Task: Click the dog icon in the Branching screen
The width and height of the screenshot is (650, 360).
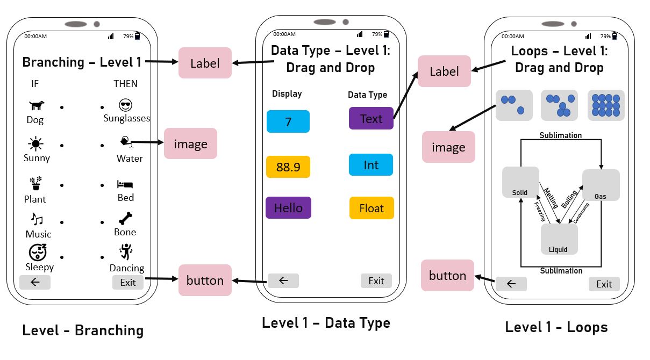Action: coord(36,106)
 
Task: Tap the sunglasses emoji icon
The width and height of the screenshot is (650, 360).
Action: coord(126,105)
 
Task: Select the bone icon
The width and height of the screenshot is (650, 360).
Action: coord(125,219)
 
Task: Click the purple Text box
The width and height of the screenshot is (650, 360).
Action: coord(371,119)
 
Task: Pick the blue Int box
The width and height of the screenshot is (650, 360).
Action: coord(371,165)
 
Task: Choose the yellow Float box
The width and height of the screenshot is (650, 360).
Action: coord(372,208)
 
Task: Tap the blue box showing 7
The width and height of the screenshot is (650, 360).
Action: coord(288,121)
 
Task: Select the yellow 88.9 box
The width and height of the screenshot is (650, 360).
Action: coord(288,167)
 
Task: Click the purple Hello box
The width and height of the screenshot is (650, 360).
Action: coord(288,208)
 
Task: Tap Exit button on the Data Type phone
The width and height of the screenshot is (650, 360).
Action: coord(376,280)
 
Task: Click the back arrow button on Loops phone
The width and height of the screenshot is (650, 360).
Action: coord(511,284)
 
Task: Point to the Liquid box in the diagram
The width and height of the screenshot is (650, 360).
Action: coord(559,239)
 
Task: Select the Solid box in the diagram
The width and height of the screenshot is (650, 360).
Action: coord(520,182)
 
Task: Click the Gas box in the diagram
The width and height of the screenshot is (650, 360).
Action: coord(601,185)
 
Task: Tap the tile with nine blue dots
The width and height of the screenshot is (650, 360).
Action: coord(606,105)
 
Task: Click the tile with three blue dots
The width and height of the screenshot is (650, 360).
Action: coord(514,105)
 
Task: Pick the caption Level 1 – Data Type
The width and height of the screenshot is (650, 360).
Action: coord(326,323)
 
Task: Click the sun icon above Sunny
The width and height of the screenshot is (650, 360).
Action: coord(36,143)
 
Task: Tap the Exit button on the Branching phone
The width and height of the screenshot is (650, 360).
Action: coord(128,282)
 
